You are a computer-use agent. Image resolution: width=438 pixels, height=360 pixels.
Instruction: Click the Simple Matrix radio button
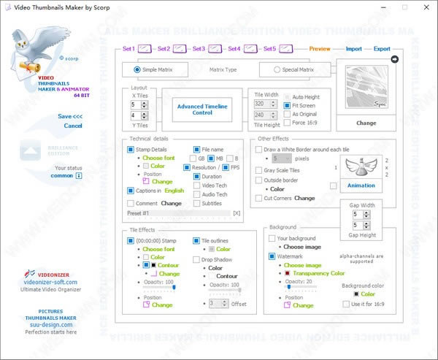(x=137, y=70)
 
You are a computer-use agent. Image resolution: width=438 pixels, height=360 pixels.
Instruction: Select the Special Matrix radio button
(x=277, y=70)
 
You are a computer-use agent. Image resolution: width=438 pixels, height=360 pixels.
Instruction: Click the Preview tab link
(x=320, y=49)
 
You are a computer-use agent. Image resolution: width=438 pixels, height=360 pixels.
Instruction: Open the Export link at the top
(x=382, y=49)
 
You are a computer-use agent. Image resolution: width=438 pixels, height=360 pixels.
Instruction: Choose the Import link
(x=353, y=49)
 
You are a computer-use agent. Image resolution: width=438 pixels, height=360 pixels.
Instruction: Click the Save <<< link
(x=70, y=116)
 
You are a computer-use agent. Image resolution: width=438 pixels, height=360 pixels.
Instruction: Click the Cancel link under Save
(x=73, y=126)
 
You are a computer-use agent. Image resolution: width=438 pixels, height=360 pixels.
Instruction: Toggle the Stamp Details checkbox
(x=130, y=148)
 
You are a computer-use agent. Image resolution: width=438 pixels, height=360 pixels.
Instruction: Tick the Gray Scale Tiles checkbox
(x=258, y=170)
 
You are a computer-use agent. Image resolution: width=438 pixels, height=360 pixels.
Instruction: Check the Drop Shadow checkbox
(x=196, y=259)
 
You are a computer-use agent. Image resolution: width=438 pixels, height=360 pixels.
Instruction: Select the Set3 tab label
(x=198, y=49)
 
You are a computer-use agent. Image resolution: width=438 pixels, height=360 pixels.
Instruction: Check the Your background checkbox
(x=272, y=238)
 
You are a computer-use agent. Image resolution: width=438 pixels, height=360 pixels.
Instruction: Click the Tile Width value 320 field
(x=259, y=104)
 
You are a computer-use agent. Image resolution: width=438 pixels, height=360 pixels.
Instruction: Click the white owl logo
(x=31, y=47)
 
